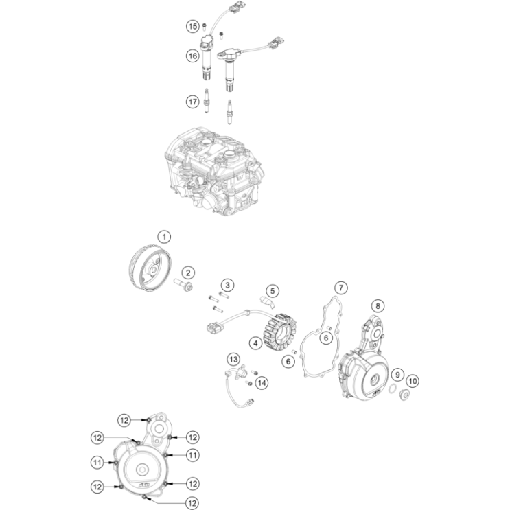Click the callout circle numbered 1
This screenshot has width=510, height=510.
164,237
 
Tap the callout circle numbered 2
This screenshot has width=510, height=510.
188,273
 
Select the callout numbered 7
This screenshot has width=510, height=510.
341,288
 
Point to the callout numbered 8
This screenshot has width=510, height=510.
378,305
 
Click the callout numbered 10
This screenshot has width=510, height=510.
413,381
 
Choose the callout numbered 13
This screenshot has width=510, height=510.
233,360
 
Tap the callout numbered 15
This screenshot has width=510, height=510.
193,26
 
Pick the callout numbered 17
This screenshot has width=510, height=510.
193,102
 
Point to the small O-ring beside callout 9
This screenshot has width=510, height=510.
393,388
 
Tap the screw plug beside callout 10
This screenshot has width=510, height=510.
404,395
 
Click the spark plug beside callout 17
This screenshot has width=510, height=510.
206,101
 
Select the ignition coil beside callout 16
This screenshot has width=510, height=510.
206,58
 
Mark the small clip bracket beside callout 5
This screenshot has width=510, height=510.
268,301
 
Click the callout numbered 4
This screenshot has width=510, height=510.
255,343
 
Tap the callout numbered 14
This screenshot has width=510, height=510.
262,383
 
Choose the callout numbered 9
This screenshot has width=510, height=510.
397,375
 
